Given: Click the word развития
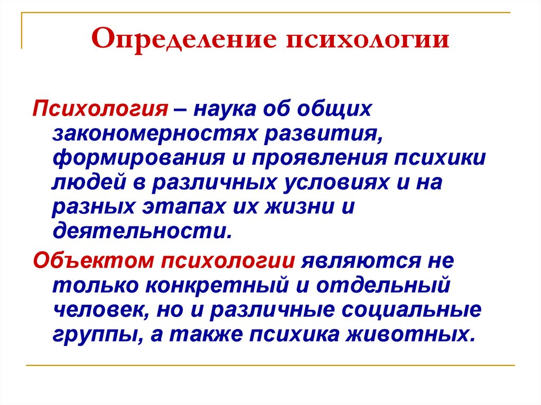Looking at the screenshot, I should [323, 135].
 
